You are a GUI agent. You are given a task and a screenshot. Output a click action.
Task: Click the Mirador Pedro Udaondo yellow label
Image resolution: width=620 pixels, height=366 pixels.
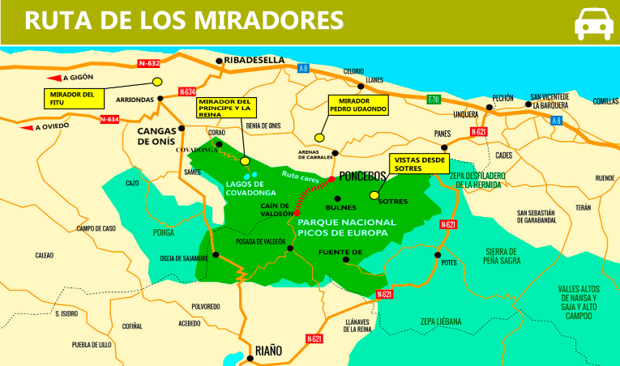click(x=357, y=105)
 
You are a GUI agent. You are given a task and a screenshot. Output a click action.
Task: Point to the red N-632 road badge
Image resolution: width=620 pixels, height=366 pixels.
click(x=149, y=63)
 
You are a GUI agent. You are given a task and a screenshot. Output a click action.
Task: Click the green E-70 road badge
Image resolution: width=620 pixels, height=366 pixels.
click(x=434, y=100)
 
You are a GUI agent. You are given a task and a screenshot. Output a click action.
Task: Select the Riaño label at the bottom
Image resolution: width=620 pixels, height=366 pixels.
click(x=268, y=350)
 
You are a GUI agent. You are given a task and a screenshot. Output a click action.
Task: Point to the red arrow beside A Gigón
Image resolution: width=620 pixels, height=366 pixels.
click(x=53, y=78)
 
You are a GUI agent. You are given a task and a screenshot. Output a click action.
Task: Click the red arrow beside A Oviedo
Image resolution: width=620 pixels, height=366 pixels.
click(x=26, y=127)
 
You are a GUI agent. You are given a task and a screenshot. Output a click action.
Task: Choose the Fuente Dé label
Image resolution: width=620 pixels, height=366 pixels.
click(x=339, y=251)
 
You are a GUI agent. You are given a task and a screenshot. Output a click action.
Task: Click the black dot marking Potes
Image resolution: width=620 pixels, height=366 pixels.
click(x=438, y=255)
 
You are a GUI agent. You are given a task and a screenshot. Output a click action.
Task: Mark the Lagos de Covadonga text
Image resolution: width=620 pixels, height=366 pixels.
click(x=248, y=188)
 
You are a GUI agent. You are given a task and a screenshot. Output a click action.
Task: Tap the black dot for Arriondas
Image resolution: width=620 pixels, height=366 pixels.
click(x=160, y=98)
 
